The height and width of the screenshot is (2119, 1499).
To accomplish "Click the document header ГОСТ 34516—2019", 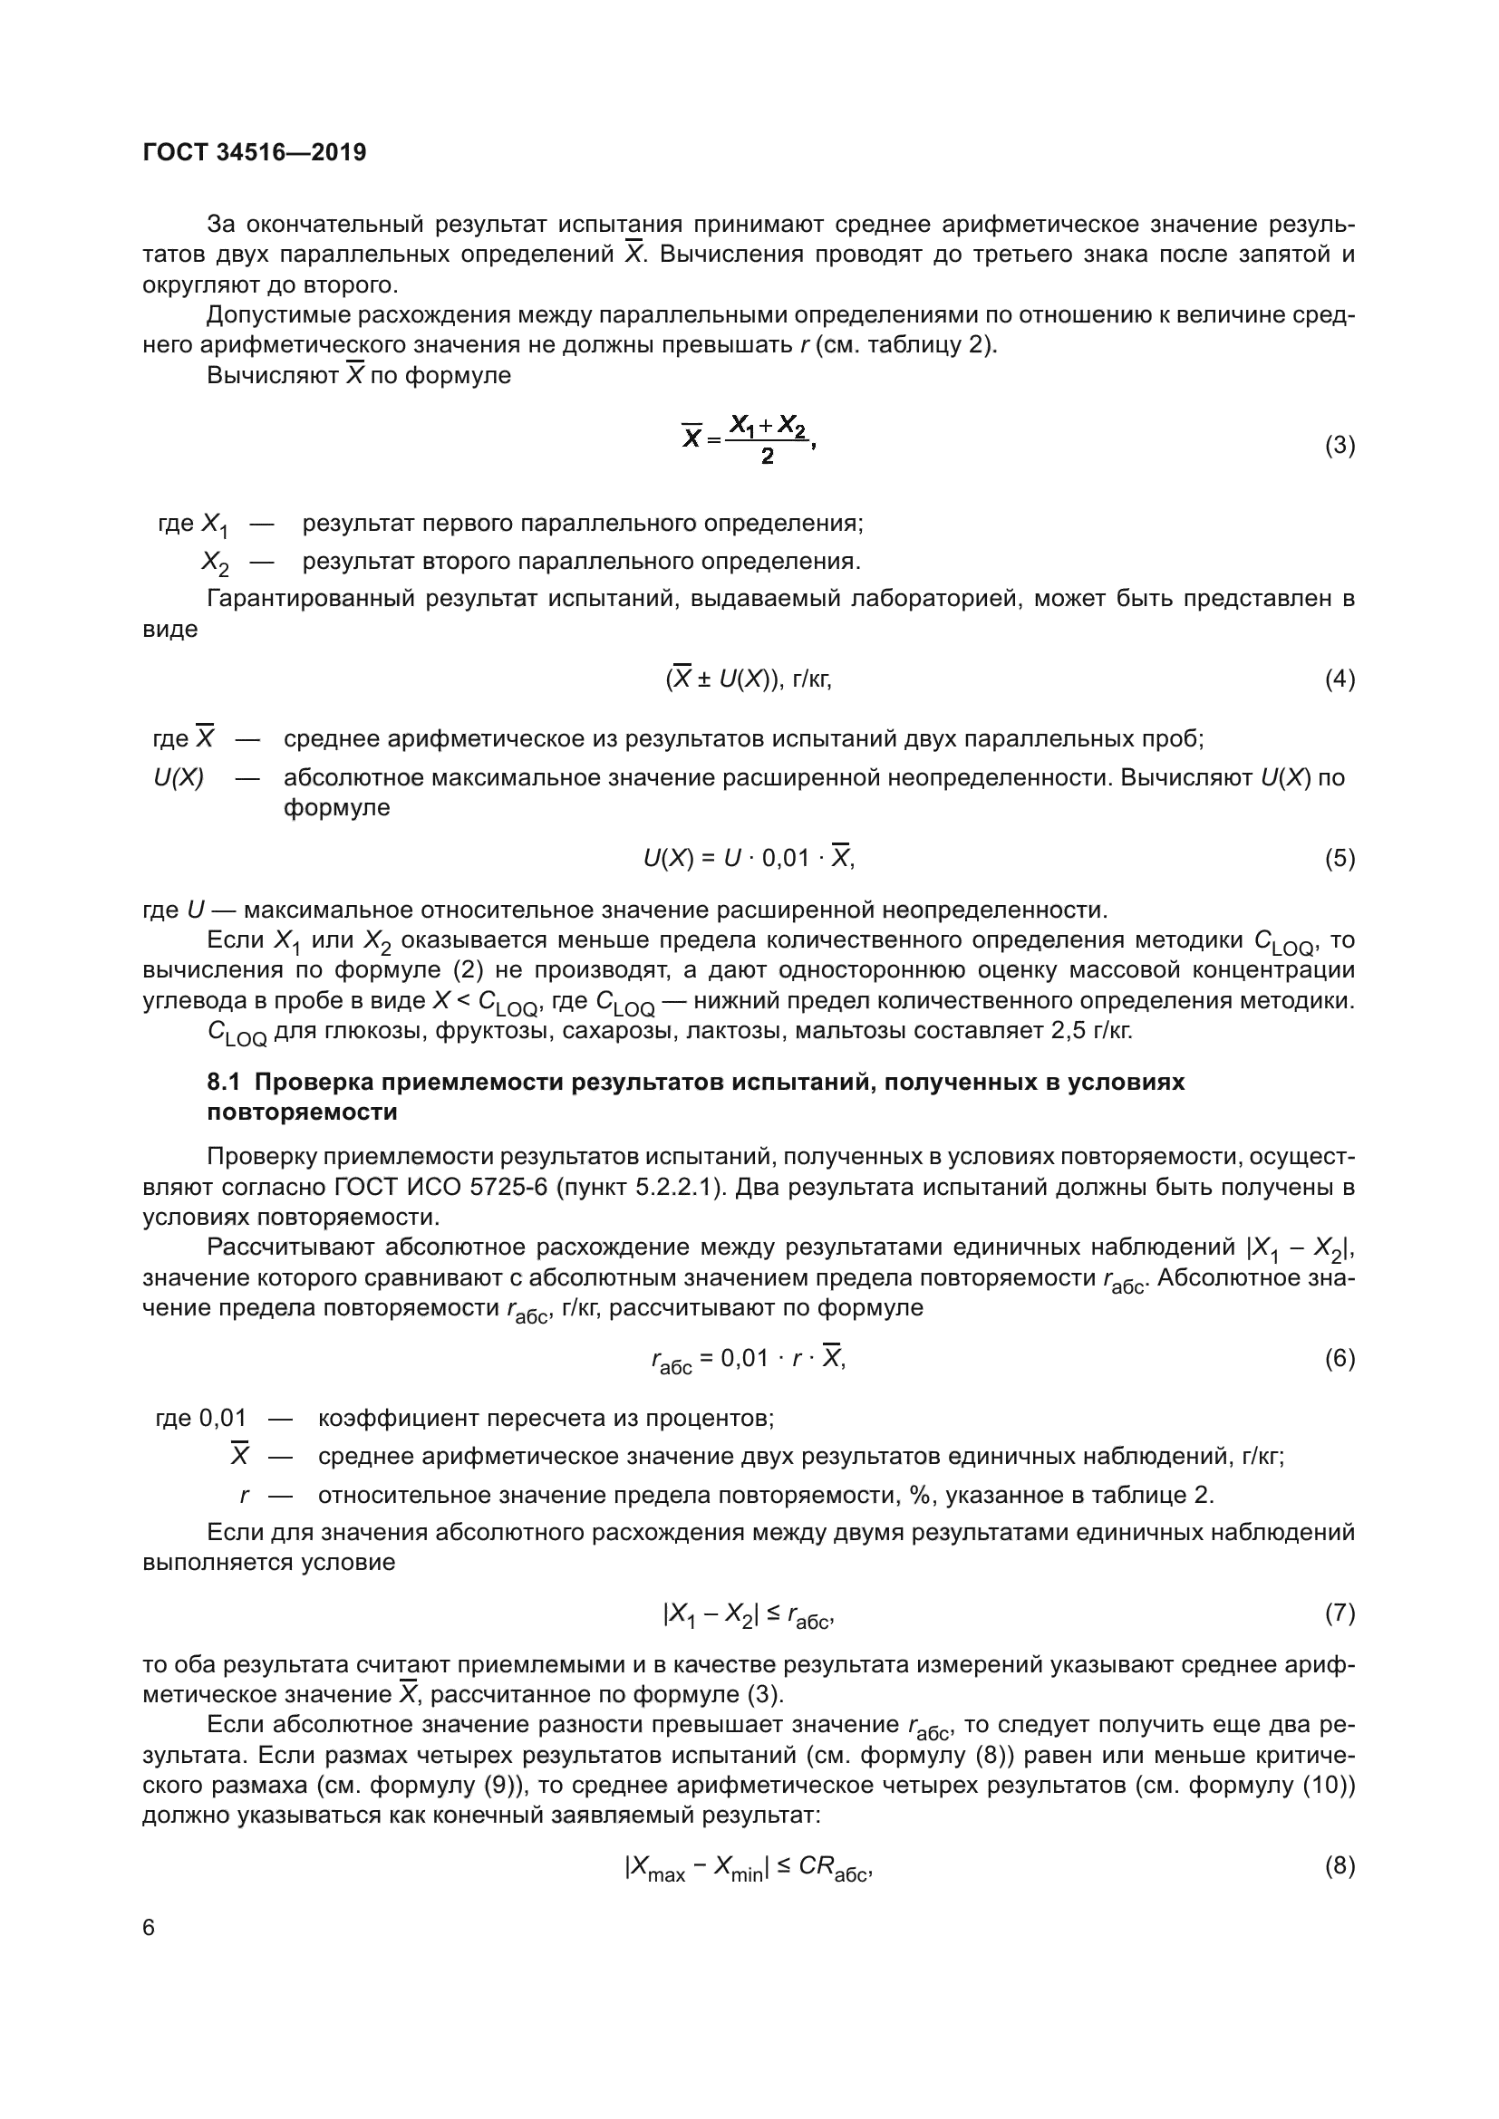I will [x=254, y=152].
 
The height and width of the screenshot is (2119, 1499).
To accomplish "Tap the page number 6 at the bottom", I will [x=150, y=1928].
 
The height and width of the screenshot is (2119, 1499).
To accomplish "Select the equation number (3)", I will [x=1339, y=446].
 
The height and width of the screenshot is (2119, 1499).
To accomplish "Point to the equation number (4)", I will [x=1339, y=679].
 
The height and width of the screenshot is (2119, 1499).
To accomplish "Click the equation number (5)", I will [x=1339, y=858].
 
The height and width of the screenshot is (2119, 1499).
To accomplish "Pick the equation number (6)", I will [x=1339, y=1358].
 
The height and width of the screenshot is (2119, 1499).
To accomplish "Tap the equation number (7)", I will [x=1339, y=1613].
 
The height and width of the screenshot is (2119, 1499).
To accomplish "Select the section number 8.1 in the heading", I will [x=224, y=1082].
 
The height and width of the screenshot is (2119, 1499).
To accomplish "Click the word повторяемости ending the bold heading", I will [x=303, y=1112].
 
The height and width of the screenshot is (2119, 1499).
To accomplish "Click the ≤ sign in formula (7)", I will [x=772, y=1613].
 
